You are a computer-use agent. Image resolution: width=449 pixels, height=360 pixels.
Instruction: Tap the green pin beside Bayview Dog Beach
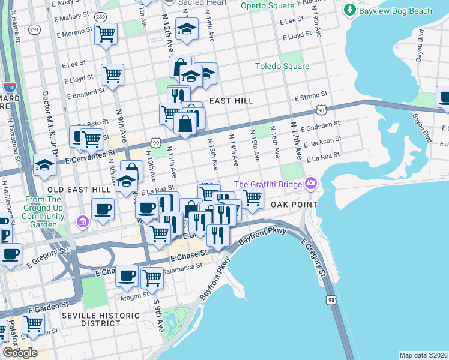coord(348,10)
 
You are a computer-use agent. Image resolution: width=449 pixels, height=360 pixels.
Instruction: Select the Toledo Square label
coord(282,66)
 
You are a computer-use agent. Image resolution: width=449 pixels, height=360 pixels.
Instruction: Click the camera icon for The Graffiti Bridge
coord(310,184)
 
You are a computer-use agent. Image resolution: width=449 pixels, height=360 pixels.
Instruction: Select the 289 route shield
coord(101,16)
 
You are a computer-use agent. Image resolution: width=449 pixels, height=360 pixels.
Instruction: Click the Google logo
coord(20,353)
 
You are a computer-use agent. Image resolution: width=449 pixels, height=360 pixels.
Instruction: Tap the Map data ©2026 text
coord(423,355)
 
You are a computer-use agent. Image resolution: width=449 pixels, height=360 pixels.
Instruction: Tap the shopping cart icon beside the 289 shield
coord(106,34)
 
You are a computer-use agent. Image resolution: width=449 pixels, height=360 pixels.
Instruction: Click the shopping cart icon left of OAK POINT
coord(252,197)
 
